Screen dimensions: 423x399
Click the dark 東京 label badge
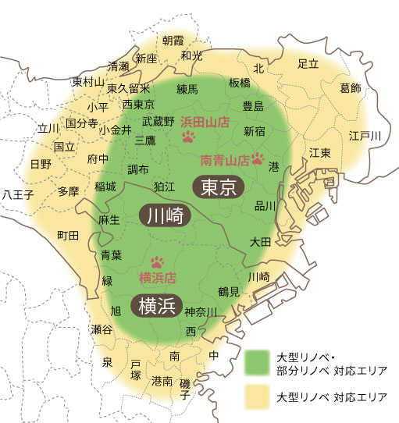pyautogui.click(x=219, y=187)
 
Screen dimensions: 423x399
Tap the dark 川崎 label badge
pyautogui.click(x=165, y=216)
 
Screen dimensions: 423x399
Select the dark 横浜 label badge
pyautogui.click(x=157, y=305)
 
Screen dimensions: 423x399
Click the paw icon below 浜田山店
pyautogui.click(x=188, y=138)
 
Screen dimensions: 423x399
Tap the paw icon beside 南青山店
pyautogui.click(x=258, y=159)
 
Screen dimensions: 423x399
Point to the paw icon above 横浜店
pyautogui.click(x=158, y=262)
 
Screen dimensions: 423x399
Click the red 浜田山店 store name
pyautogui.click(x=204, y=123)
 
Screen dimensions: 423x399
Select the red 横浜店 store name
pyautogui.click(x=157, y=278)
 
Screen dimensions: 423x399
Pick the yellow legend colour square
pyautogui.click(x=257, y=397)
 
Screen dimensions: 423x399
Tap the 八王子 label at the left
pyautogui.click(x=18, y=193)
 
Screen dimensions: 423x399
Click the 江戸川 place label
pyautogui.click(x=365, y=137)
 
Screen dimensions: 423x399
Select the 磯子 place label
pyautogui.click(x=185, y=389)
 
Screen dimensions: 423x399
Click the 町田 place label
pyautogui.click(x=69, y=235)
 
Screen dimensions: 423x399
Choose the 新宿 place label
pyautogui.click(x=255, y=130)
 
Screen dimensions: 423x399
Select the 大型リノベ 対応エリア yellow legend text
pyautogui.click(x=332, y=397)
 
